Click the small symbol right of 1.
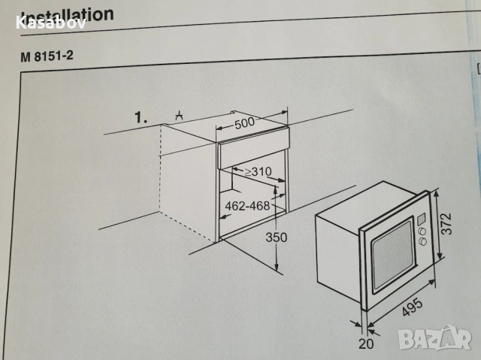point(179,116)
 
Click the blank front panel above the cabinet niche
point(252,138)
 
